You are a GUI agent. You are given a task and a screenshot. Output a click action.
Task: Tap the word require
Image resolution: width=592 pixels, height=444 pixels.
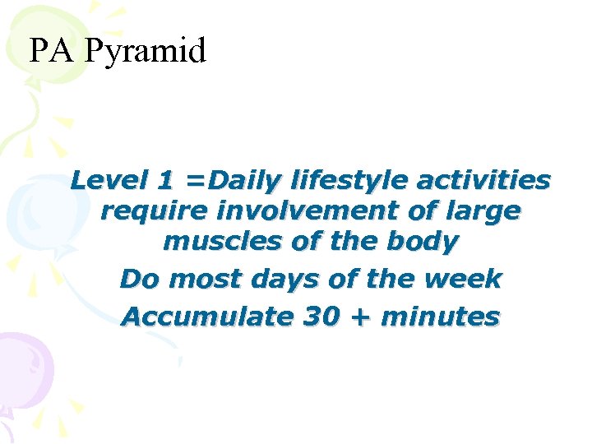[x=153, y=211]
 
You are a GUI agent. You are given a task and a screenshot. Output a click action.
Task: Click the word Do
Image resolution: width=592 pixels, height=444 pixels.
[x=136, y=279]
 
